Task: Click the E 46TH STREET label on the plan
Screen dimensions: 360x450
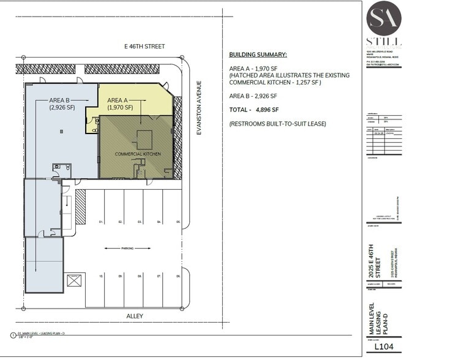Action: pyautogui.click(x=144, y=46)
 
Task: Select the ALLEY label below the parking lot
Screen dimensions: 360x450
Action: pyautogui.click(x=133, y=316)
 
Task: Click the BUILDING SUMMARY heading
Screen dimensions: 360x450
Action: pyautogui.click(x=258, y=54)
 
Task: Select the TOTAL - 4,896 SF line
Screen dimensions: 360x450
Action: pyautogui.click(x=254, y=110)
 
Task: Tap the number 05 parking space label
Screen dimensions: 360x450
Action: pyautogui.click(x=178, y=221)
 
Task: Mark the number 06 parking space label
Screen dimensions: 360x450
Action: pyautogui.click(x=178, y=277)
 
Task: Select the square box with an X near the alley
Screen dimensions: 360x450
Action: pyautogui.click(x=74, y=282)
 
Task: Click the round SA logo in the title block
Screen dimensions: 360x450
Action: pyautogui.click(x=384, y=18)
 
